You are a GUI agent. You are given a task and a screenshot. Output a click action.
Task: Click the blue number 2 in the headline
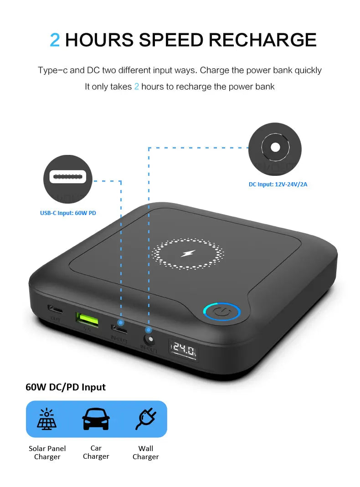(x=55, y=40)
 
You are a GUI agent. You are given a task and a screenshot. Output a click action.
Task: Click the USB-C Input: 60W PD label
(x=68, y=213)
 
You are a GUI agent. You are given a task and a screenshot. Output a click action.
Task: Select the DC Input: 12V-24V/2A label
(x=278, y=185)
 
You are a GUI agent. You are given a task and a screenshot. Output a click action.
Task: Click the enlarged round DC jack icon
(x=275, y=148)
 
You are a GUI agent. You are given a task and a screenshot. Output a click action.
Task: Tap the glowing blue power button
(x=221, y=313)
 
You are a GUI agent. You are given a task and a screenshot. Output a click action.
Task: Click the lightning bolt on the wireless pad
(x=188, y=253)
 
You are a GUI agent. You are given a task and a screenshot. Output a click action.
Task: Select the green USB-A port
(x=87, y=318)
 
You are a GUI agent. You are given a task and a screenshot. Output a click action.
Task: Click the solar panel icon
(x=47, y=419)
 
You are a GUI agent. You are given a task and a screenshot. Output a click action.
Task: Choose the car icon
(x=96, y=419)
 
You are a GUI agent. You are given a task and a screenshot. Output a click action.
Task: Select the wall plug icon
(x=146, y=419)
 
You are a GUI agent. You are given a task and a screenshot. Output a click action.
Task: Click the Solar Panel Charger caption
(x=47, y=452)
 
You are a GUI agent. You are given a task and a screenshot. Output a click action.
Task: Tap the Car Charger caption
(x=96, y=452)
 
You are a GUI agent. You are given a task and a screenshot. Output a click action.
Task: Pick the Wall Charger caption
(x=146, y=452)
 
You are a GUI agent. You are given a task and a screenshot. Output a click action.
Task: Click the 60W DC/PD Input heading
(x=66, y=387)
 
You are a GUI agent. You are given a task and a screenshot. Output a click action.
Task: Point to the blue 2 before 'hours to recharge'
(x=136, y=87)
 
